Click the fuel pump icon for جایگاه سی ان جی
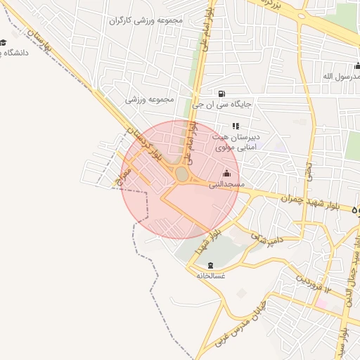click(x=222, y=94)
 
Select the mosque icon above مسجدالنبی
click(x=226, y=173)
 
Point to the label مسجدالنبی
click(x=226, y=184)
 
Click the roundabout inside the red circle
click(x=182, y=173)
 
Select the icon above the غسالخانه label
click(x=211, y=265)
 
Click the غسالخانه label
click(x=211, y=276)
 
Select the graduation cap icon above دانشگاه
click(x=4, y=42)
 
